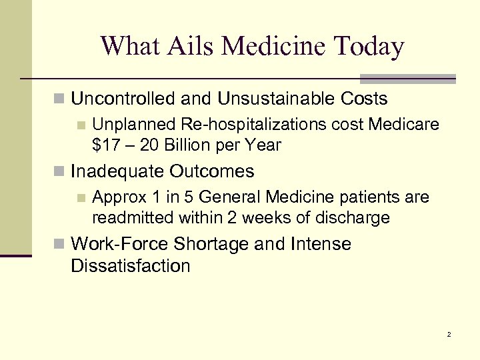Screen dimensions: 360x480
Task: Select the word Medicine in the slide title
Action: [278, 47]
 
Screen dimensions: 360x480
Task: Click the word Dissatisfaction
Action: [130, 266]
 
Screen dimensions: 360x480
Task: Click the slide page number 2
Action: [449, 333]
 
